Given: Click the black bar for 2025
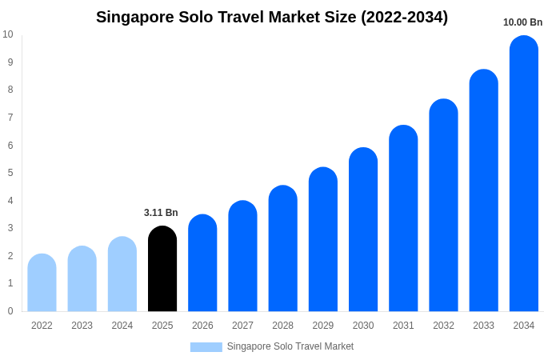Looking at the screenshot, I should [162, 269].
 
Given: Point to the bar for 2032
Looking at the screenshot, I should [443, 206].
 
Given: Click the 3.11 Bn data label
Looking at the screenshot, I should [161, 213].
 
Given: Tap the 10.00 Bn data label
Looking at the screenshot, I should [522, 22].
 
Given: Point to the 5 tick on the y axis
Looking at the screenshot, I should [10, 173].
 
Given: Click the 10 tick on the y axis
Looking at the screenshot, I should [8, 34].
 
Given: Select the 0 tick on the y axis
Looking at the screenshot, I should [10, 311].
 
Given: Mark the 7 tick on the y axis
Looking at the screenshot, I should [10, 118].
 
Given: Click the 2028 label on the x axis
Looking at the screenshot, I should [282, 326].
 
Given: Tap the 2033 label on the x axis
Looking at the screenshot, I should [483, 326].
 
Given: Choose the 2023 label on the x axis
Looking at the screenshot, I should [82, 326].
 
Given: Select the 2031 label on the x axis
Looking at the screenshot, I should [403, 326].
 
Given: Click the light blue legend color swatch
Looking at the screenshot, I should [206, 347].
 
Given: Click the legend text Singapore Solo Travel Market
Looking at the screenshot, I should [290, 346].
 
